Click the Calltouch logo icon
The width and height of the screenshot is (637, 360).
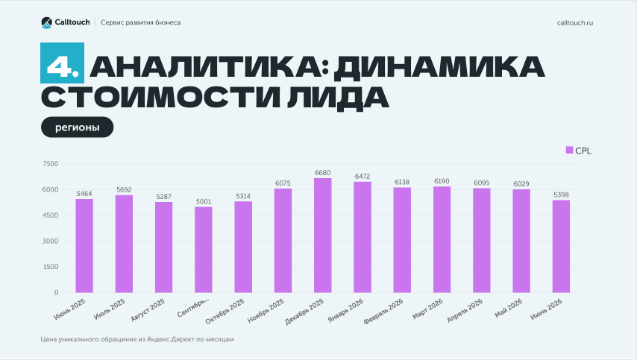pyautogui.click(x=47, y=22)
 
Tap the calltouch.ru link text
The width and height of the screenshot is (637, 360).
pyautogui.click(x=575, y=22)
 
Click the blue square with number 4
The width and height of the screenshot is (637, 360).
pyautogui.click(x=62, y=63)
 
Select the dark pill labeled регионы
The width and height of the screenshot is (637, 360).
pyautogui.click(x=77, y=127)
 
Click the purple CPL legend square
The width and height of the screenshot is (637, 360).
pyautogui.click(x=569, y=150)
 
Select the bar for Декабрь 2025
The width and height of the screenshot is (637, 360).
pyautogui.click(x=322, y=236)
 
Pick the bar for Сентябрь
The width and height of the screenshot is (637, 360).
pyautogui.click(x=204, y=250)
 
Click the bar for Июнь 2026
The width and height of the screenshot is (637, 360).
pyautogui.click(x=561, y=247)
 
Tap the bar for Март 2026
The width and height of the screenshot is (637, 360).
pyautogui.click(x=442, y=239)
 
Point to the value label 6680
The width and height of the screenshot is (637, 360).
pyautogui.click(x=322, y=173)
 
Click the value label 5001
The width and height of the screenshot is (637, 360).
pyautogui.click(x=204, y=202)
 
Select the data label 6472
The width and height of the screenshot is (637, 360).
pyautogui.click(x=363, y=177)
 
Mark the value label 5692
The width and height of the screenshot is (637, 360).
pyautogui.click(x=124, y=190)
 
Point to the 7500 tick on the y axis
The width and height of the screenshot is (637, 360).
pyautogui.click(x=51, y=164)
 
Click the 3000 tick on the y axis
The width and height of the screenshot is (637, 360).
pyautogui.click(x=51, y=241)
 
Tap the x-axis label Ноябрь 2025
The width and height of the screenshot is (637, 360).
pyautogui.click(x=266, y=311)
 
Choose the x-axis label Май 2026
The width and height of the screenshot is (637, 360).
pyautogui.click(x=509, y=309)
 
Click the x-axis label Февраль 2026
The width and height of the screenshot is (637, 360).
pyautogui.click(x=383, y=312)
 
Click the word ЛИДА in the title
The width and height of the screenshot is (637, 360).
pyautogui.click(x=338, y=98)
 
